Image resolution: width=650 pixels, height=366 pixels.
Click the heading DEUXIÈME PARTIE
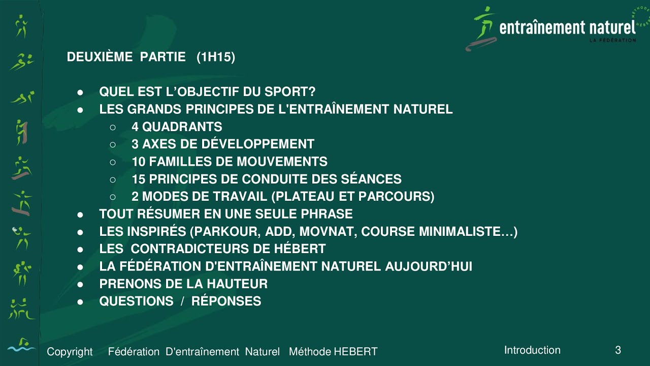[x=126, y=57]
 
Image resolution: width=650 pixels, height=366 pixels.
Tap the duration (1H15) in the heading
[x=216, y=57]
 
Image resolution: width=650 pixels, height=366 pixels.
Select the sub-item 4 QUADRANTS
[x=177, y=127]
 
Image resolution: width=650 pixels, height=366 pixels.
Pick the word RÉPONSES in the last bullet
[x=226, y=301]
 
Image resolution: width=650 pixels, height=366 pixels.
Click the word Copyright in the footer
[x=70, y=352]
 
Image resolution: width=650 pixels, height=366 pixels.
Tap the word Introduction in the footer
[x=532, y=350]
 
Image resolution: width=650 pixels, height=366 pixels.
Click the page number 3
[x=618, y=350]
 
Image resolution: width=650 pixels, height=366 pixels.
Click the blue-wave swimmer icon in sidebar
[x=21, y=345]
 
